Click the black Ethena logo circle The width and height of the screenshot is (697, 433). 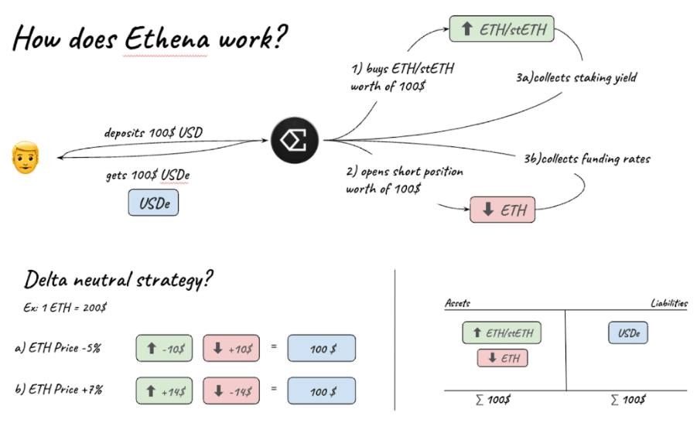click(296, 139)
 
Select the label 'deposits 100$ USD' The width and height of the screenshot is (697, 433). click(153, 132)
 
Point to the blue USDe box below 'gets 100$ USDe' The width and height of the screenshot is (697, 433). click(153, 203)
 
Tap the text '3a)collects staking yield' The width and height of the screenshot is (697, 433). click(576, 78)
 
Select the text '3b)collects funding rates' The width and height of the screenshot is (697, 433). click(587, 159)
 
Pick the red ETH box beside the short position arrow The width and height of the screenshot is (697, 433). click(502, 210)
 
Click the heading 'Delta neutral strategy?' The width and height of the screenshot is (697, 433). click(118, 279)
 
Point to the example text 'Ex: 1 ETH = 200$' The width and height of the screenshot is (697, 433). click(65, 307)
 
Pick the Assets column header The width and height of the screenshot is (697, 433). click(457, 303)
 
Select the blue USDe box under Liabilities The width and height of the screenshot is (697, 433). click(628, 333)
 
